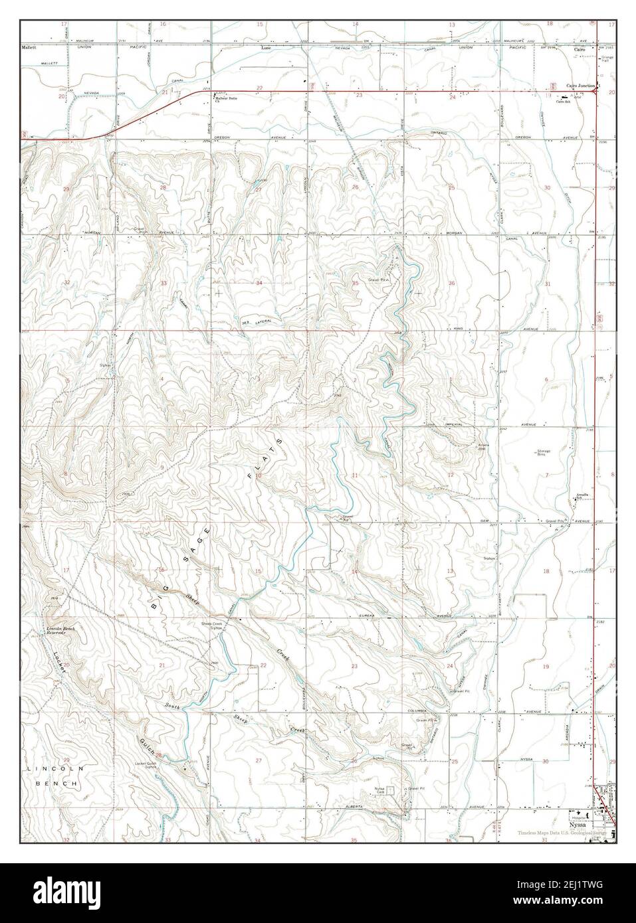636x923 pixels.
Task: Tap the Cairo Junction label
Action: point(580,86)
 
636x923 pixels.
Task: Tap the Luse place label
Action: point(266,48)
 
